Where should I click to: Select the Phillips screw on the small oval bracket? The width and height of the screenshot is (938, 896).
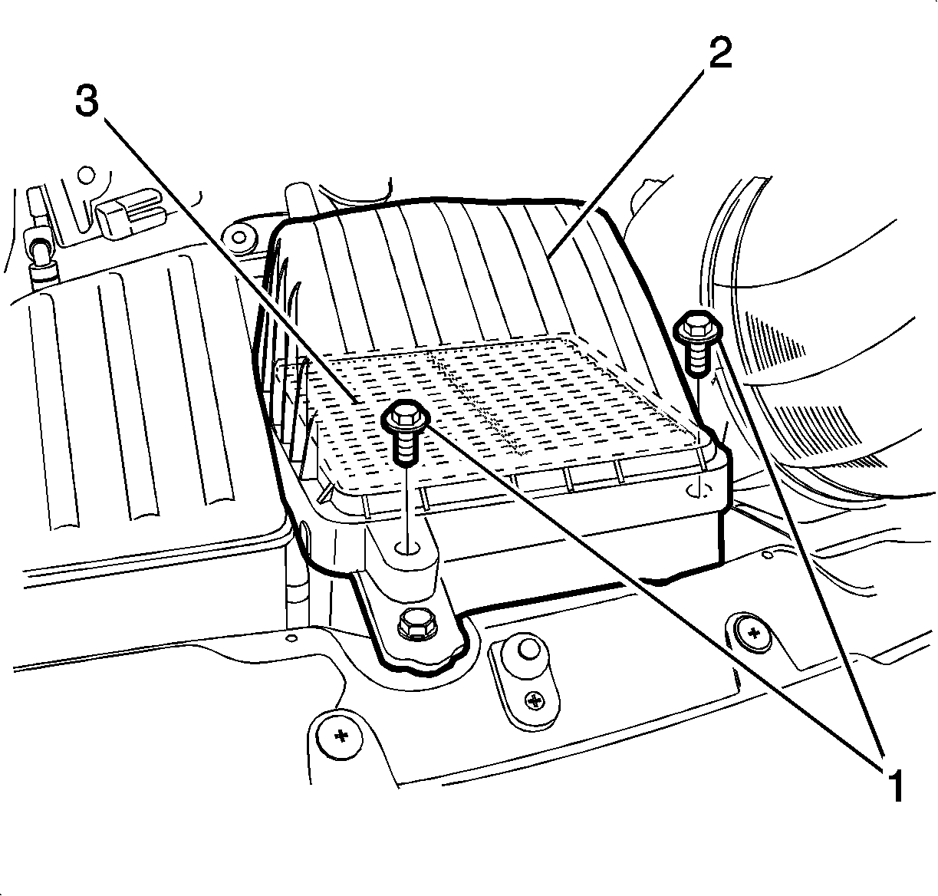(534, 700)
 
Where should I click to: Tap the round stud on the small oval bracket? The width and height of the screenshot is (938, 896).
(526, 648)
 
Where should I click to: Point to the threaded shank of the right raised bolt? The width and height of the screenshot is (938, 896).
(697, 357)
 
